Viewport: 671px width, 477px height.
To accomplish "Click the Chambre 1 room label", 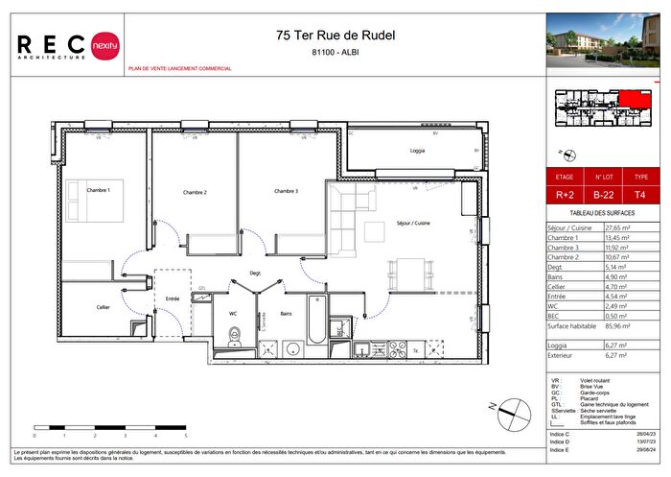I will [99, 190].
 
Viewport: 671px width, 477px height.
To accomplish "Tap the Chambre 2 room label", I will [196, 193].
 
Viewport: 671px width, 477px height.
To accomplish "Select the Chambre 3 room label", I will [287, 191].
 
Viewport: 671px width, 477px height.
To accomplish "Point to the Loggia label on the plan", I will [417, 152].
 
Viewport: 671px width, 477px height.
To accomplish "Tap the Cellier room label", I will [103, 307].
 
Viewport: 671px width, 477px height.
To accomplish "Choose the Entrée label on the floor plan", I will [174, 298].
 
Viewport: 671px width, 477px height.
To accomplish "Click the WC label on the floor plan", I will [232, 313].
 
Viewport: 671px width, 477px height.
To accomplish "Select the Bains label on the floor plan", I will [286, 313].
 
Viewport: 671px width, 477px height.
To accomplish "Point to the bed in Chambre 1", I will [96, 205].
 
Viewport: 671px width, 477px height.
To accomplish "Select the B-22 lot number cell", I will [604, 195].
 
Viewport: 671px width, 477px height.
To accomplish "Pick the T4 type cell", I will [642, 195].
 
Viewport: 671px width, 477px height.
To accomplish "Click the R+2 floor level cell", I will [566, 195].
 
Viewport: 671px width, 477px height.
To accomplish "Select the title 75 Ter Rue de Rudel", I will [335, 36].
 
